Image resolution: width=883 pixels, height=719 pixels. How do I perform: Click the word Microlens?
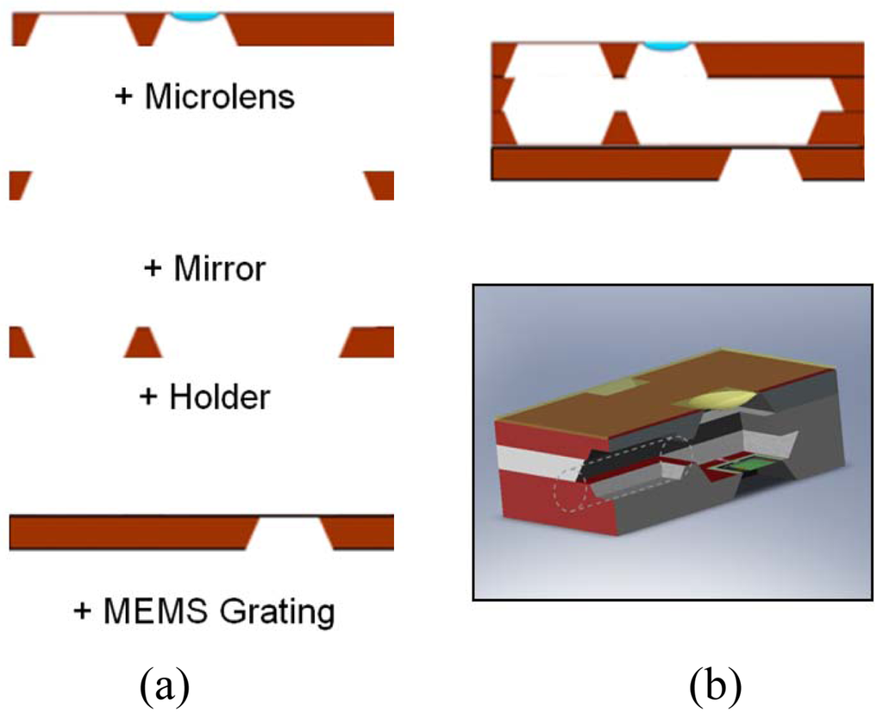[x=219, y=97]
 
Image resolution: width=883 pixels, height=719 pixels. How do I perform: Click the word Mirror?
[x=219, y=270]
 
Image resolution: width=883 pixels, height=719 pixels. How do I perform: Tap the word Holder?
[x=219, y=397]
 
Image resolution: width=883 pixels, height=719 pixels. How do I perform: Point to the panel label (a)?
[x=162, y=686]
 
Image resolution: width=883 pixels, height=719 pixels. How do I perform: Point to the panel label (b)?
[x=716, y=686]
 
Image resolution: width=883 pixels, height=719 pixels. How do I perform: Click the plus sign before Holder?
[x=149, y=398]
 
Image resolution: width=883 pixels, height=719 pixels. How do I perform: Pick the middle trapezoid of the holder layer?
[x=144, y=342]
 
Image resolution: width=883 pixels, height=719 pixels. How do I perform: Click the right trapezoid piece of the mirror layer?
[x=379, y=184]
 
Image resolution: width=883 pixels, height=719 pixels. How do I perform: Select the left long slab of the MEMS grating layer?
[x=129, y=533]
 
